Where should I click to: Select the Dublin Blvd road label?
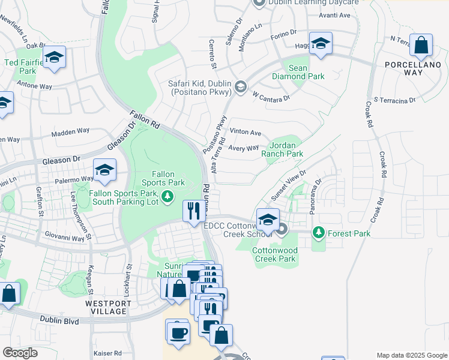pyautogui.click(x=60, y=321)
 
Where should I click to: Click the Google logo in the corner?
pyautogui.click(x=20, y=352)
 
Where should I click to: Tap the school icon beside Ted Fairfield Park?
pyautogui.click(x=55, y=58)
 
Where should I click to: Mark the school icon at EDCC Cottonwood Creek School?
pyautogui.click(x=268, y=219)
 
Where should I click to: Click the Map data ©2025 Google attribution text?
pyautogui.click(x=411, y=355)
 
